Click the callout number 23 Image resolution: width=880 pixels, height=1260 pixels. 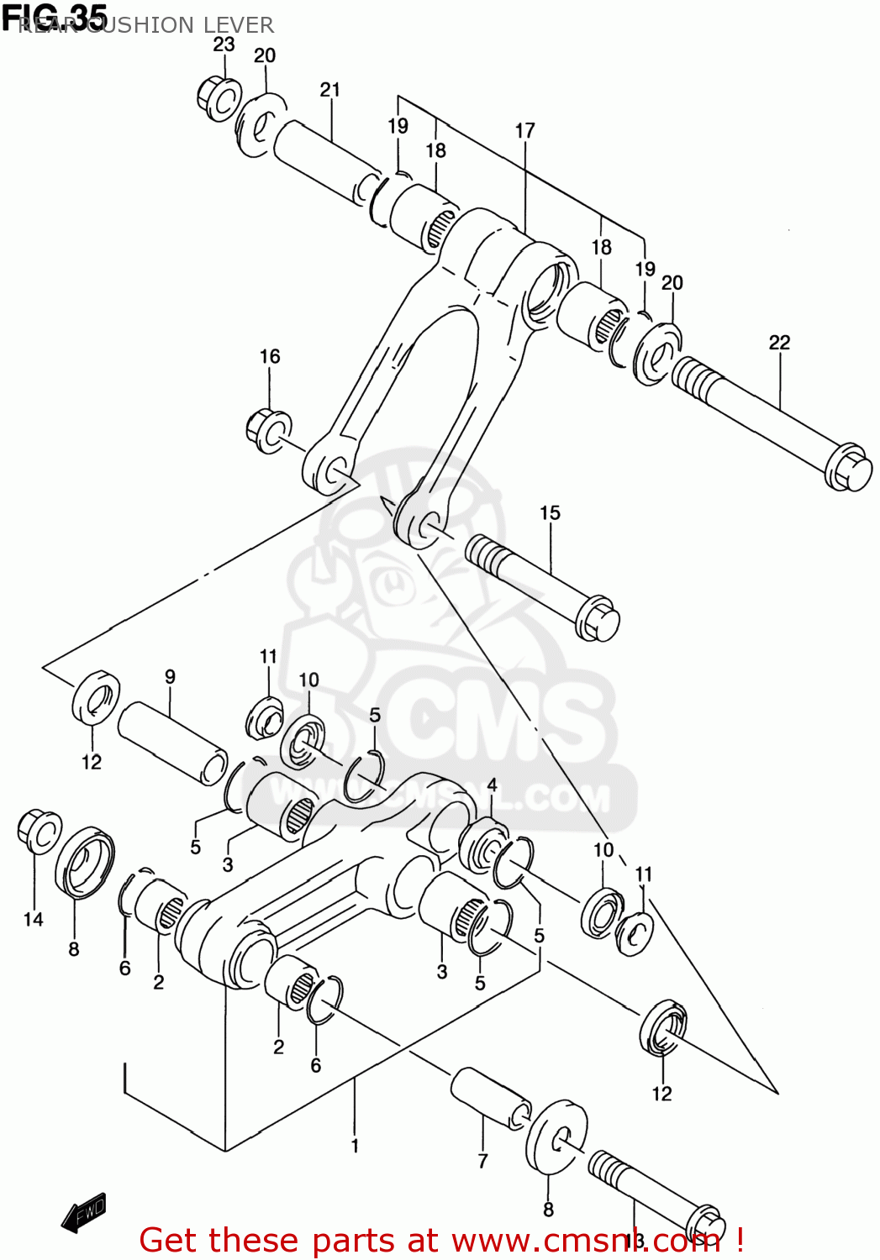224,45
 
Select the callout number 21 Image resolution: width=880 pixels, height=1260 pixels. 330,90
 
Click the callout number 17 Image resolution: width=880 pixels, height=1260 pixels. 524,131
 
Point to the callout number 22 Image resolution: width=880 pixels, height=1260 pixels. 779,343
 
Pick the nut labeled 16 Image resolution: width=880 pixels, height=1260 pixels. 268,429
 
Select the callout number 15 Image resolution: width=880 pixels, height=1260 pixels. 550,513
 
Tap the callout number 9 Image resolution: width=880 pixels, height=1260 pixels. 170,677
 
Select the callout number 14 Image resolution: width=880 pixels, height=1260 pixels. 34,920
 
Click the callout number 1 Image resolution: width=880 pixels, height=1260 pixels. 355,1146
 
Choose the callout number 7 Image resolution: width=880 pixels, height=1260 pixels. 482,1161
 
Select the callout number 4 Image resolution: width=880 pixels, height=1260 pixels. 492,785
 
